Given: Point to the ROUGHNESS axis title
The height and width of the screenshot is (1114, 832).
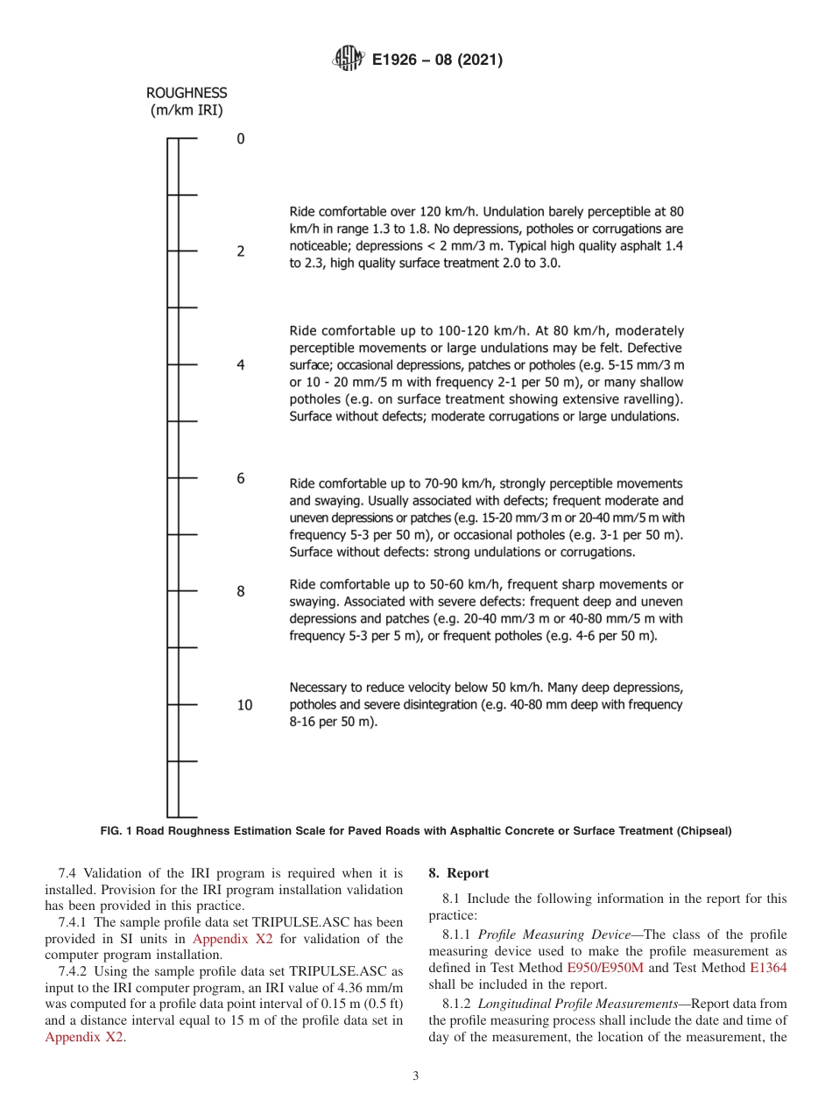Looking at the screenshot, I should tap(187, 92).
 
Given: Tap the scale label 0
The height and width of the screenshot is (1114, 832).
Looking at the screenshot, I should tap(241, 138).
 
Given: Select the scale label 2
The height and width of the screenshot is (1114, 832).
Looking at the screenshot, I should tap(241, 252).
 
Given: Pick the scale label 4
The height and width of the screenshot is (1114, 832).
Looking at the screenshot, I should tap(241, 365).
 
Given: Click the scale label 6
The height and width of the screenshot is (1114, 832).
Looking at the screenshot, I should tap(241, 478).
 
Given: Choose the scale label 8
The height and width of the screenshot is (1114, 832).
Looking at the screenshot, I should tap(241, 592).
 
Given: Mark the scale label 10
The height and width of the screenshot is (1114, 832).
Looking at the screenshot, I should tap(244, 705).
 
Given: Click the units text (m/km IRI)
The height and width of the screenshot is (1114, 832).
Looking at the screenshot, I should tap(187, 109).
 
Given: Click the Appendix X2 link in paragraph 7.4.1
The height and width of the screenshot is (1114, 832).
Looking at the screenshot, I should tap(233, 939).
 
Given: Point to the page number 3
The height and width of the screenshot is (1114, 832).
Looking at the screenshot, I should tap(416, 1076).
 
